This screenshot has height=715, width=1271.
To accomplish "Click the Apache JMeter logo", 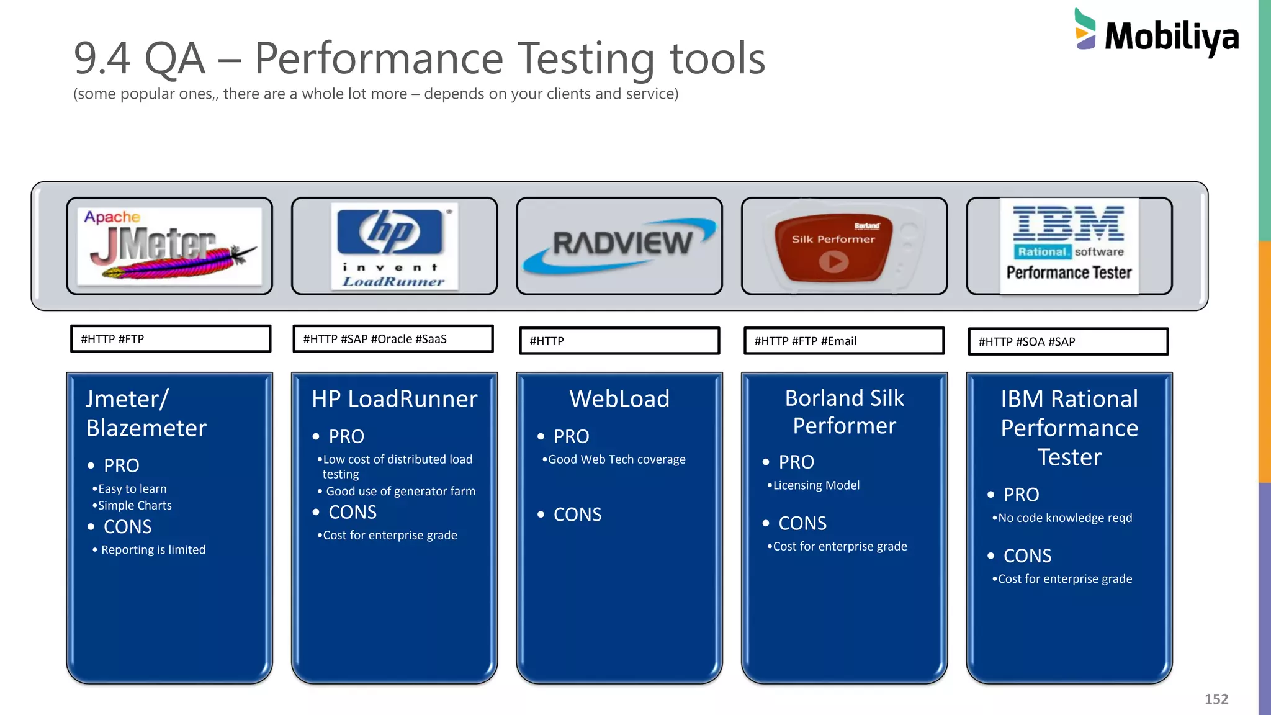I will [169, 246].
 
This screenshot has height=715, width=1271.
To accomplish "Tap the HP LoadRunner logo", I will [394, 246].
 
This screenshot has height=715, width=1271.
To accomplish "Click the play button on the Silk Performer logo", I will [833, 261].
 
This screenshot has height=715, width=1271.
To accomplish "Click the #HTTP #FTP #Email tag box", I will [844, 341].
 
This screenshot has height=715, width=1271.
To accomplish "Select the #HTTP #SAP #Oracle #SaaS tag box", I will [393, 339].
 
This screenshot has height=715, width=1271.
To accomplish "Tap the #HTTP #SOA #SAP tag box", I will [1068, 341].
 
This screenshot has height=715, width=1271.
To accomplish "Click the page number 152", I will [1216, 699].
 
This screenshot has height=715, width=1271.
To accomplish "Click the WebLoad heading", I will [619, 398].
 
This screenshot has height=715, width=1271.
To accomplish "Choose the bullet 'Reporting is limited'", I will [153, 550].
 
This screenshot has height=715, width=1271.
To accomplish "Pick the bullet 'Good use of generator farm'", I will [400, 491].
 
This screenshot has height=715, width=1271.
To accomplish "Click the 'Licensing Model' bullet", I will [816, 485].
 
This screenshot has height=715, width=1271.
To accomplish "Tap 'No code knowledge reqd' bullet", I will [1065, 518].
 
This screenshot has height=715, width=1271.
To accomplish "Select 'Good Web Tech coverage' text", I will [616, 459].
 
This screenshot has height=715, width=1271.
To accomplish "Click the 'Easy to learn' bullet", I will [132, 488].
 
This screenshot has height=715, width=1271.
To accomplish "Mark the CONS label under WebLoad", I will [577, 515].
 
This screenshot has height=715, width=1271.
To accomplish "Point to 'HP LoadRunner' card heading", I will [395, 398].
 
